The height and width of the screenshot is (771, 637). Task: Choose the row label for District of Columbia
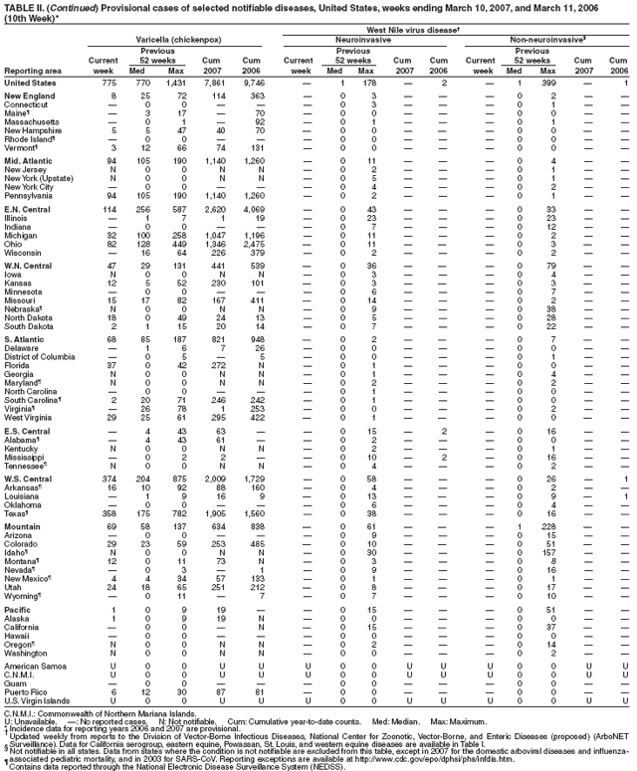(x=39, y=356)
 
